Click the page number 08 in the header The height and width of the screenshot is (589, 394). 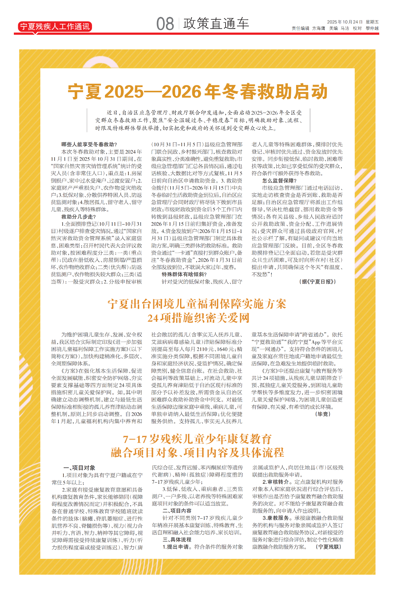165,24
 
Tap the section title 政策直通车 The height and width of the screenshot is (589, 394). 216,24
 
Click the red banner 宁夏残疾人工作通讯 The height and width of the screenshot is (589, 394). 55,26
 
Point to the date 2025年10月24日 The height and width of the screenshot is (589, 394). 344,22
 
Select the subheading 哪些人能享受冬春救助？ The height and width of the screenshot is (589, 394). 89,144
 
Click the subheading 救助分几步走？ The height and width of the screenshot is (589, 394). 79,217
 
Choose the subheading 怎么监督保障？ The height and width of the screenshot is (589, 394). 279,181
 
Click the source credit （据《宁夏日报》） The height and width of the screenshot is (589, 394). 317,281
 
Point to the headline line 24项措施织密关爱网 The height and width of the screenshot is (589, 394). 198,318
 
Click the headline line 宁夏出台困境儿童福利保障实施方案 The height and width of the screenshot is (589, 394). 197,304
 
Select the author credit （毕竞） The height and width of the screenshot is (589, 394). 323,414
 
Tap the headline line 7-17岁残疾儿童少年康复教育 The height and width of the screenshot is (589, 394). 197,439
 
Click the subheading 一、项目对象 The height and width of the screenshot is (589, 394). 79,468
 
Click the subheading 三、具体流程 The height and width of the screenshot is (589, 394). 177,539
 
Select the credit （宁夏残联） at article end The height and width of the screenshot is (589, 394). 329,547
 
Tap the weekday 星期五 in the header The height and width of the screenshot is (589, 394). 372,22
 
